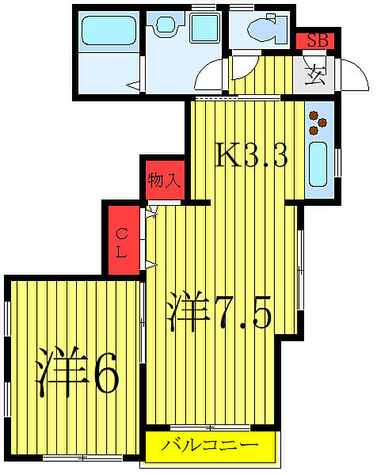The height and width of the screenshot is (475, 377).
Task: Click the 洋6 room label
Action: [77, 374]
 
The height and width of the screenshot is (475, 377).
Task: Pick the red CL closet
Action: [123, 240]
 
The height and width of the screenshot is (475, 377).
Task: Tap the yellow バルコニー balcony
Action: [211, 446]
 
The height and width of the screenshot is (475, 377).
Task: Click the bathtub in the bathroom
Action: [111, 29]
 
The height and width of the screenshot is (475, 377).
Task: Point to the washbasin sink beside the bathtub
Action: [167, 26]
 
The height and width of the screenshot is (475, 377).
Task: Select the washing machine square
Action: [204, 28]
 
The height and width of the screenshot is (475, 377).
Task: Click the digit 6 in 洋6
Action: [105, 374]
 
